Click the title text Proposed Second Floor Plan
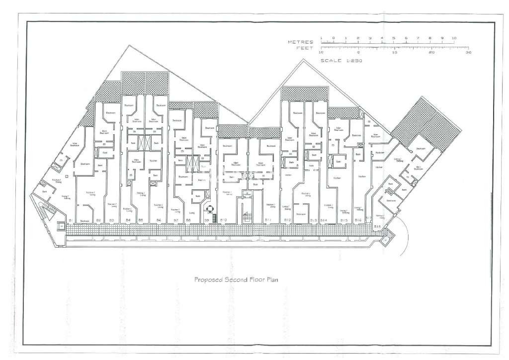click(235, 279)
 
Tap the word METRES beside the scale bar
click(300, 43)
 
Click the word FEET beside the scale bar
click(304, 48)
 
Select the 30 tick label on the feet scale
click(468, 52)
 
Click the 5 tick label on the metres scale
click(394, 38)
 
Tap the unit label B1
click(71, 220)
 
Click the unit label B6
click(159, 220)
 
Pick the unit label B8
click(188, 220)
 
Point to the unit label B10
click(223, 220)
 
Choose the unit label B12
click(288, 220)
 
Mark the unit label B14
click(323, 220)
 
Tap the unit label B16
click(357, 220)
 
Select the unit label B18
click(377, 226)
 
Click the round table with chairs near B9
click(210, 210)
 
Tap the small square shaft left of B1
click(61, 227)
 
